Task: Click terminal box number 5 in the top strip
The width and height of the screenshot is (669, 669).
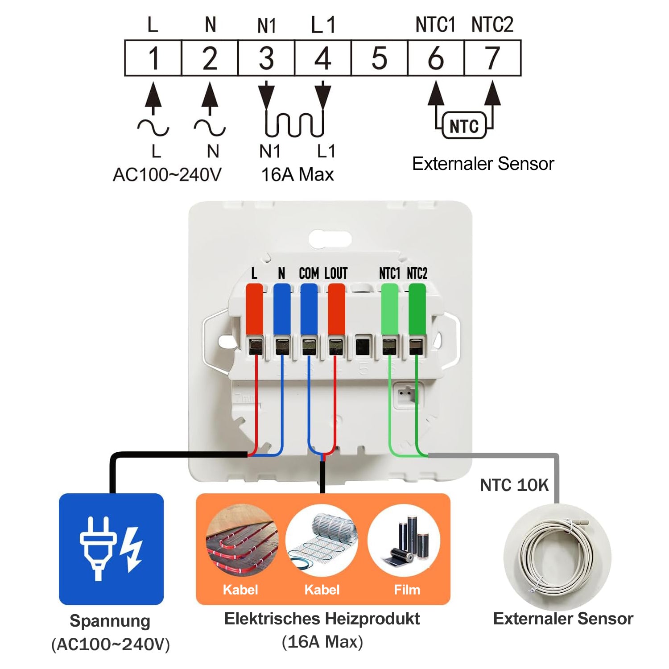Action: tap(380, 58)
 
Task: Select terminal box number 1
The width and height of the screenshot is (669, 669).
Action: tap(153, 58)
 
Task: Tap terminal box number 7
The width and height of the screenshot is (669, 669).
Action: tap(493, 58)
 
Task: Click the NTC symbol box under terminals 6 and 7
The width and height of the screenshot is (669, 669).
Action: tap(464, 126)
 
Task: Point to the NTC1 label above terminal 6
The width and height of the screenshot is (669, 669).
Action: tap(435, 24)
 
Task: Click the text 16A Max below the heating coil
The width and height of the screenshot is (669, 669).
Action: tap(297, 174)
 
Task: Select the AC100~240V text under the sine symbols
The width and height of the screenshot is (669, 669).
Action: tap(167, 174)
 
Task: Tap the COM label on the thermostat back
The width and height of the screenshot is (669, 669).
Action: tap(309, 273)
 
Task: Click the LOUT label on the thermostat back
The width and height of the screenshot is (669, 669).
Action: tap(336, 273)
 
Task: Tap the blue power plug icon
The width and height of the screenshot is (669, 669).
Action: tap(111, 549)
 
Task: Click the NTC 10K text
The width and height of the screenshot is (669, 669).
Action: tap(514, 485)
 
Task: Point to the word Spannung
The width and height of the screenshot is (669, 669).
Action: tap(110, 621)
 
